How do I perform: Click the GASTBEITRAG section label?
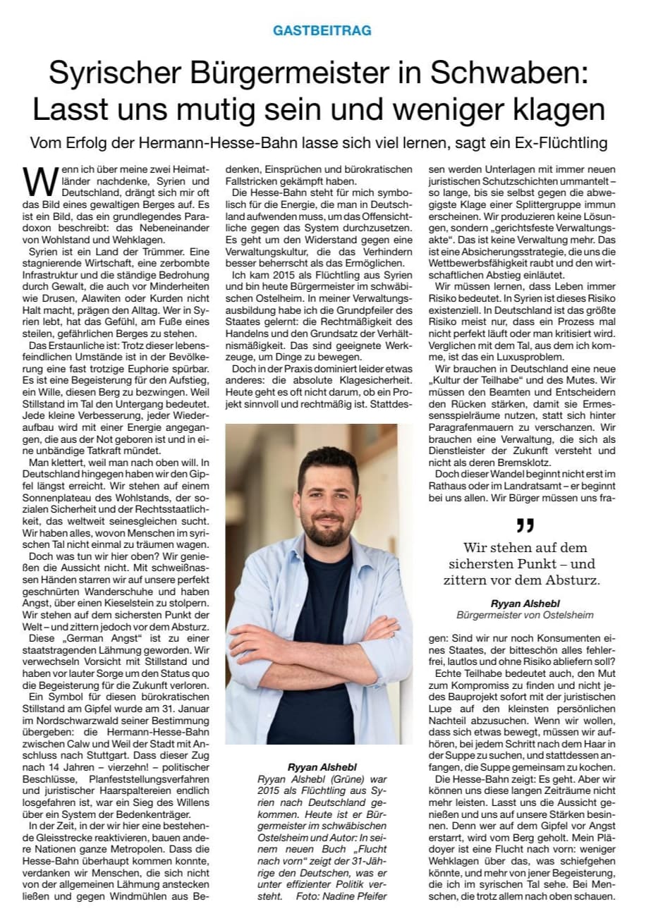322,31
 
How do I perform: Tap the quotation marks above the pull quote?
524,525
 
